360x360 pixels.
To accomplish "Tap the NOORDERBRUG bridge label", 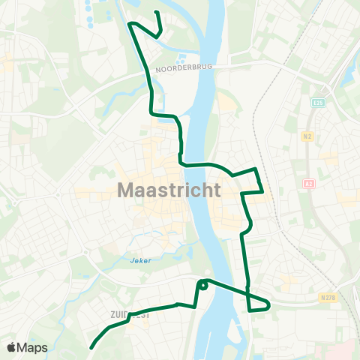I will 184,70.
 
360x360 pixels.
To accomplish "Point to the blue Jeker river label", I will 140,261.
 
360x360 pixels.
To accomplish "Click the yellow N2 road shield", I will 308,136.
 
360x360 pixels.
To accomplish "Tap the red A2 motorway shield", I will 309,183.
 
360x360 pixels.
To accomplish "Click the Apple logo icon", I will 12,347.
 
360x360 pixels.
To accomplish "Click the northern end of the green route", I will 155,13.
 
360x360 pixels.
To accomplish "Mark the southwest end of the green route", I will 91,348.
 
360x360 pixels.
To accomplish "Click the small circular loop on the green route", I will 203,285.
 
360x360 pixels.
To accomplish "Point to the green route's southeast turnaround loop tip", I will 268,304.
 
